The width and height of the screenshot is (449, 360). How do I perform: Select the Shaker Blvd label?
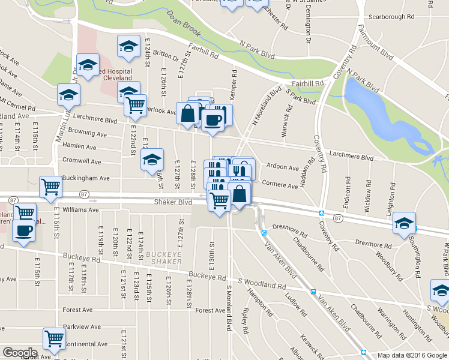pos(173,203)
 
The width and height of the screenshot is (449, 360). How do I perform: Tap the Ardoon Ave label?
pos(282,167)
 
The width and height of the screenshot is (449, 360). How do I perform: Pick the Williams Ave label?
pos(80,210)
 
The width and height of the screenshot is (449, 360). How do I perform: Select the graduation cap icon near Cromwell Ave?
pos(152,159)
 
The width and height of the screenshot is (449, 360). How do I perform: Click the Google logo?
pos(20,353)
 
